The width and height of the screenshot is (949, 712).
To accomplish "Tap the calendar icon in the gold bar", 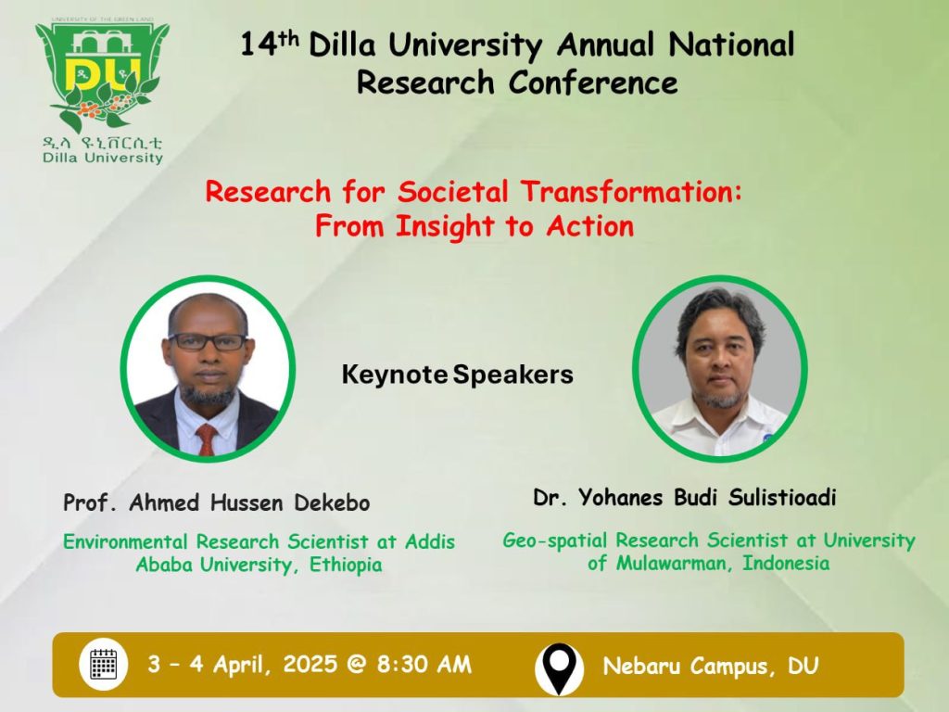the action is (x=104, y=664).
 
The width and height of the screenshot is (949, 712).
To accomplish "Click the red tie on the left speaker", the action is (x=207, y=439).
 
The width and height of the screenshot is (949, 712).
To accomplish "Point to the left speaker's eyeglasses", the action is (x=207, y=341).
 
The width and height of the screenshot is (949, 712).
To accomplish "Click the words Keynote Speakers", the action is (x=458, y=375).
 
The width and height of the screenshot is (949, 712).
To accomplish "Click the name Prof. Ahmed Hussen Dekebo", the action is (x=217, y=502).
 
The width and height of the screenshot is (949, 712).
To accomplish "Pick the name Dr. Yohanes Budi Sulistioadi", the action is (x=685, y=497).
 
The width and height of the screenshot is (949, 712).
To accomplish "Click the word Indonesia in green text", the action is (x=786, y=563).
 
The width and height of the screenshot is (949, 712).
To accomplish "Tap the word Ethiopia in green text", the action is (x=347, y=565).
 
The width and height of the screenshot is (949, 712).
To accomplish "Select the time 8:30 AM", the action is (x=424, y=664).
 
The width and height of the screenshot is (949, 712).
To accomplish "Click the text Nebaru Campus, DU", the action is (x=711, y=666).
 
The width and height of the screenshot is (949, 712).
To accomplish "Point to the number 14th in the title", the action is (x=270, y=44).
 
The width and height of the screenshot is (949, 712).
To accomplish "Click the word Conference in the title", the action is (x=593, y=83).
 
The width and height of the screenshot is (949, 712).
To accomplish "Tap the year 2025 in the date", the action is (x=310, y=664).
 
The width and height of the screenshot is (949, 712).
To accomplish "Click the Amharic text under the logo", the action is (x=102, y=143).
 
